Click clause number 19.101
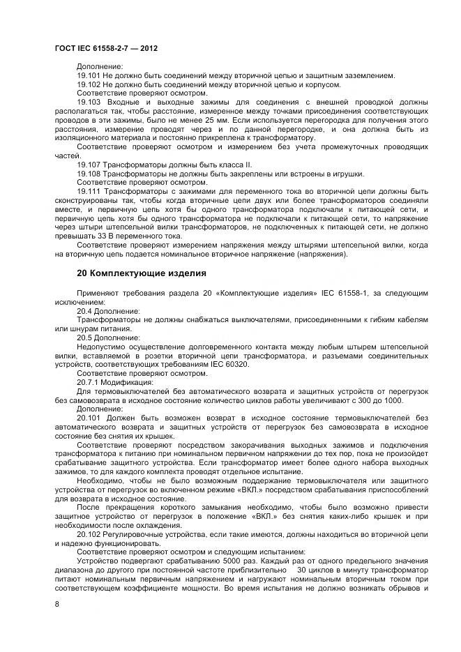point(88,75)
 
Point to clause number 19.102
point(88,84)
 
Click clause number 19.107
point(88,165)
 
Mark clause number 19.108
point(88,174)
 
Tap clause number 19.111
point(89,191)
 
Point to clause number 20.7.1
point(87,381)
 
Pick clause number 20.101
point(89,417)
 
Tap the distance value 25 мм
point(237,120)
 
